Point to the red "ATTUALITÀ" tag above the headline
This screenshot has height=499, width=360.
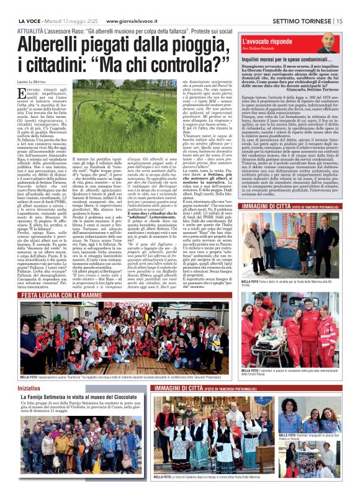click(x=30, y=30)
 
